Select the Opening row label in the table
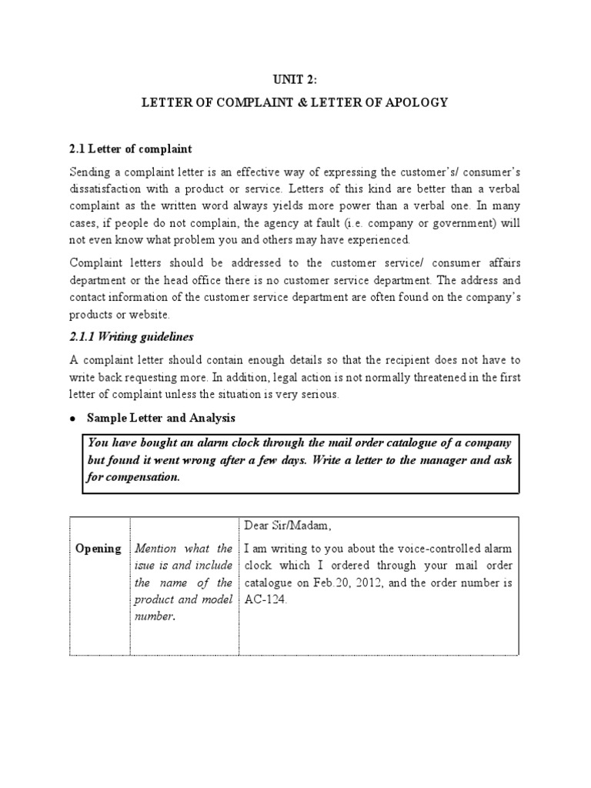tap(98, 549)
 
